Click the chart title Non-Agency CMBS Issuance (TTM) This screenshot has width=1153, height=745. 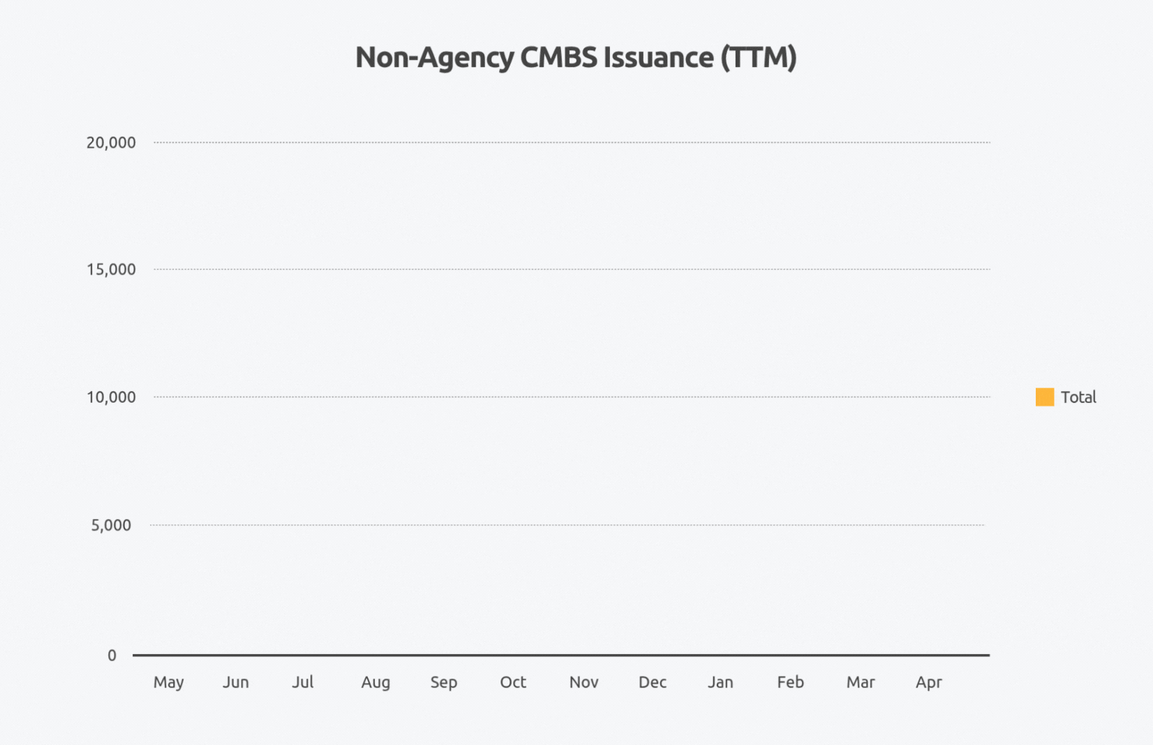576,58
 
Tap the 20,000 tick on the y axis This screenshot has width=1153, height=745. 111,142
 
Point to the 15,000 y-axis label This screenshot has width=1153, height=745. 111,270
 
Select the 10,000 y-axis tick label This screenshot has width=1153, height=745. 111,397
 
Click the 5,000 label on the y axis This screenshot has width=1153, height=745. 111,525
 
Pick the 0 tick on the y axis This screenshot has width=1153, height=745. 112,656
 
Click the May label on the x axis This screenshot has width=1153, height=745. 168,682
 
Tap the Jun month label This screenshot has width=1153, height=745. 236,682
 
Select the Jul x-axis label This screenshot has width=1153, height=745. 303,682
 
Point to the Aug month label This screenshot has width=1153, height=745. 375,682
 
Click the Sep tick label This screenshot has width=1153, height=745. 444,682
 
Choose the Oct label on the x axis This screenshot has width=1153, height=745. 513,682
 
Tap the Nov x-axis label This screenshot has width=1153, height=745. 583,682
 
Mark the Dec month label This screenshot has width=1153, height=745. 653,682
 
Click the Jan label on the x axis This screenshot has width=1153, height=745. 720,682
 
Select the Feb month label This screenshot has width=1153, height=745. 791,682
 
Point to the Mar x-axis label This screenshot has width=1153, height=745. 861,682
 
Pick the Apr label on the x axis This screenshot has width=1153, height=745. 929,682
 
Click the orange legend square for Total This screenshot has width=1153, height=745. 1045,397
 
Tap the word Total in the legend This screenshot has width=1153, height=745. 1078,397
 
